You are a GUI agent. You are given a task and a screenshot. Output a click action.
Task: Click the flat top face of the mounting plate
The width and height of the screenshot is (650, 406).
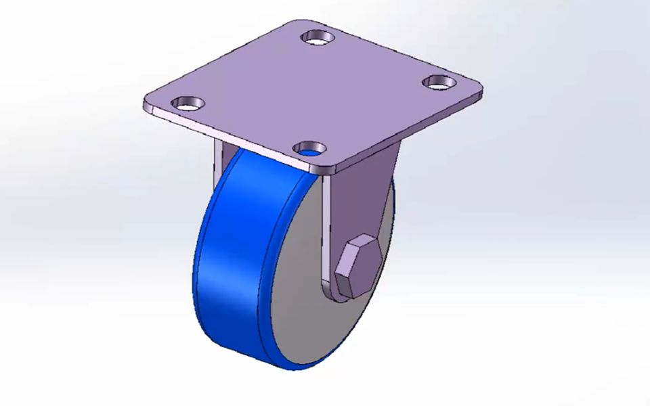[318, 88]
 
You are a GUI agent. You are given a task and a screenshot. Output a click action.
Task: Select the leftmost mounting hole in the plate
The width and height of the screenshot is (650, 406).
[187, 104]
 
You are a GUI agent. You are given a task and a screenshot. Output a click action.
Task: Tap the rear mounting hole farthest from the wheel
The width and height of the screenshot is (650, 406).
[317, 36]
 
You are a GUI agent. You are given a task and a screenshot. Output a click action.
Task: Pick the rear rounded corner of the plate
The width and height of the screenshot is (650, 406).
[305, 22]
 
